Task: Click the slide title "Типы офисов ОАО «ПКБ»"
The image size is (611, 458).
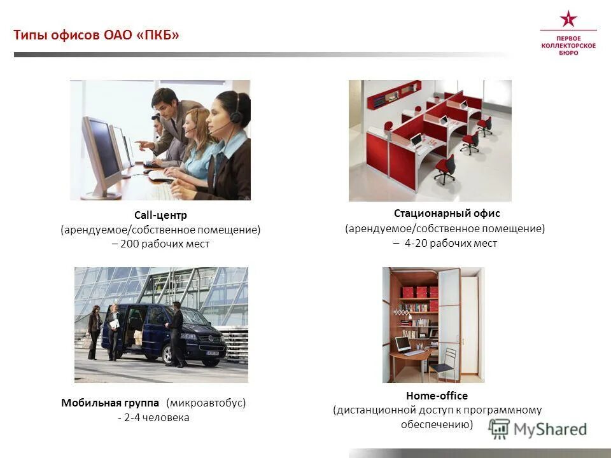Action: tap(97, 35)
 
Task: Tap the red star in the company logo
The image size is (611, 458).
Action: tap(568, 18)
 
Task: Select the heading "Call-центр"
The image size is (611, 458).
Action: tap(160, 216)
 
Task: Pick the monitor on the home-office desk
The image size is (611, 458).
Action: tap(403, 345)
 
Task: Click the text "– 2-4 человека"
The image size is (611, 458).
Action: tap(153, 418)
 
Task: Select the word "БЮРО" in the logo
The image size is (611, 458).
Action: tap(568, 53)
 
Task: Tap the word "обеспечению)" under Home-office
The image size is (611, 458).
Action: tap(437, 424)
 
